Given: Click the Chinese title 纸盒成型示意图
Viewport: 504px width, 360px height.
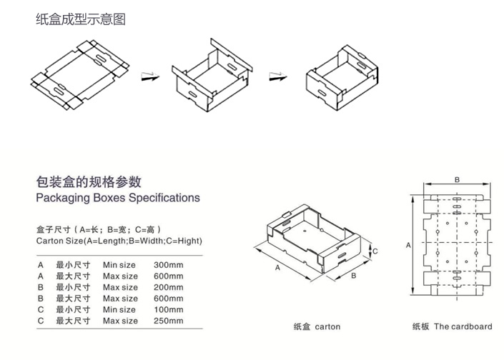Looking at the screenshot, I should tap(80, 19).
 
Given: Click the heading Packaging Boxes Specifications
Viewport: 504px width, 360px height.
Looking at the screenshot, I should tap(118, 197).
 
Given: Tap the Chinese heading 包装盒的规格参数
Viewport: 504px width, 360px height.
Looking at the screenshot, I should tap(89, 181).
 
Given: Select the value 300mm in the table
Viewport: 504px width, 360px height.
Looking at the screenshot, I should tap(168, 264).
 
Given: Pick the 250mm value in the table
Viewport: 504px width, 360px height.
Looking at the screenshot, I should tap(168, 321).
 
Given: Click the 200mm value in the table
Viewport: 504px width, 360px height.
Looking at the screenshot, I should tap(168, 287).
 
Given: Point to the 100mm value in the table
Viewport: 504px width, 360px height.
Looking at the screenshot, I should tap(168, 309).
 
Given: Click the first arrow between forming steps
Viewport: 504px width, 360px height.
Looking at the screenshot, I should tap(149, 76).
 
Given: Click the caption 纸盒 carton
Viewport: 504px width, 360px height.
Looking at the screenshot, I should tap(317, 326).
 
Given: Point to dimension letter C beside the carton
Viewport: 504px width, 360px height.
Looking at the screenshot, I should tap(375, 251).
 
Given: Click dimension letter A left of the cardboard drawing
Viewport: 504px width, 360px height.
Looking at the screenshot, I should tap(407, 245).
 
